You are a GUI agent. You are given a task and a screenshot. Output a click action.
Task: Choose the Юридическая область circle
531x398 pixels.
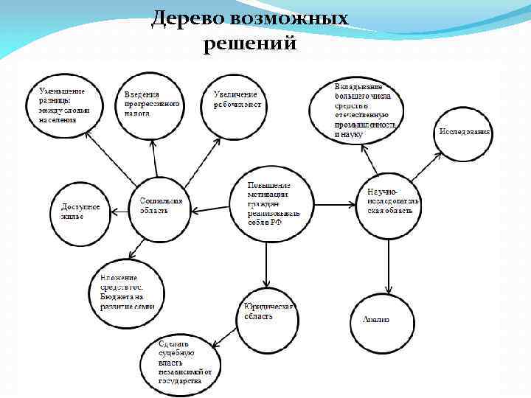point(267,323)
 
